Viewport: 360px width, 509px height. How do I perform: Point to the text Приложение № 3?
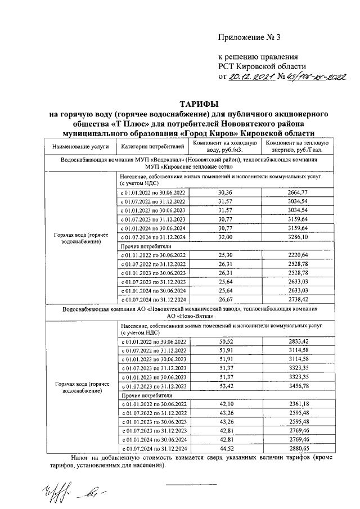point(249,38)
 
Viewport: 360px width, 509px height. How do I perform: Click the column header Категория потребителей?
point(152,147)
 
